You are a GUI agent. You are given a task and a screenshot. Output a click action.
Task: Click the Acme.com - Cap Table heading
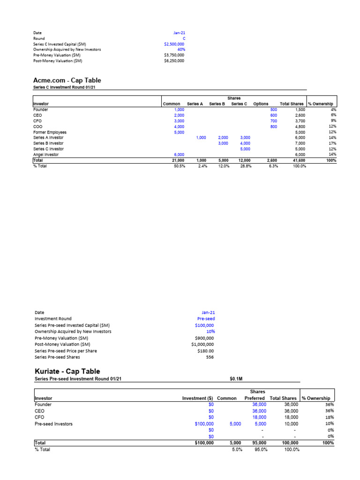click(67, 81)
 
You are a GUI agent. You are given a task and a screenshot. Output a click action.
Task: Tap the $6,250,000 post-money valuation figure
click(174, 60)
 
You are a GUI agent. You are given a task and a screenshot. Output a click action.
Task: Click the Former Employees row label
click(50, 132)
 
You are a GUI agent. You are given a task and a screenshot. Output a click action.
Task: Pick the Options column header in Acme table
click(261, 104)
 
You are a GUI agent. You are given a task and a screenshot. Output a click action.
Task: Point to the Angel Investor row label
click(46, 155)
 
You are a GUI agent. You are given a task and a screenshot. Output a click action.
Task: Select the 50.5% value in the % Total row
click(179, 166)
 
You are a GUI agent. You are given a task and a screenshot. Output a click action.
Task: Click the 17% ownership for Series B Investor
click(333, 143)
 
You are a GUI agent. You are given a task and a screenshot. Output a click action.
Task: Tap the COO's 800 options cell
click(274, 127)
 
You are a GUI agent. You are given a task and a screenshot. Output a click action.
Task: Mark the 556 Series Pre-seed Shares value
click(210, 357)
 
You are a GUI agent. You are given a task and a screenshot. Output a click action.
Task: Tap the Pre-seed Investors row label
click(54, 424)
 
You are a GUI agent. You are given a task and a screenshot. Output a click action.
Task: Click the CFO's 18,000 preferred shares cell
click(259, 417)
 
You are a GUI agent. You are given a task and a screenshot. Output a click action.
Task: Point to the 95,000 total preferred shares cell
click(258, 442)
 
